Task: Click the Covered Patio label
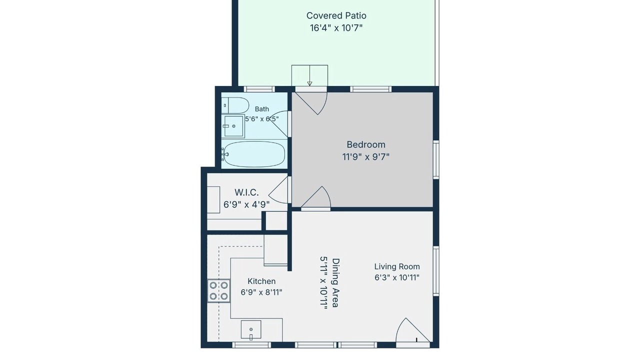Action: coord(336,15)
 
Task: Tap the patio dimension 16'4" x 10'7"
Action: coord(336,28)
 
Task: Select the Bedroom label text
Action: coord(366,144)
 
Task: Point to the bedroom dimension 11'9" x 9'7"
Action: coord(366,157)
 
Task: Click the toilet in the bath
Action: coord(235,105)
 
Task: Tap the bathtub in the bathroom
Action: coord(253,154)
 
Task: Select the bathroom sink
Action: coord(233,126)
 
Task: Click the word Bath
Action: coord(261,109)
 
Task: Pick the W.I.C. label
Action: coord(246,192)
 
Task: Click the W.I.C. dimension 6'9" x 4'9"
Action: coord(246,204)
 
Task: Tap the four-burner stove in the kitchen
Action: coord(219,290)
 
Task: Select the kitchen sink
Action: coord(251,329)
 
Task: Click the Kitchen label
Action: coord(261,281)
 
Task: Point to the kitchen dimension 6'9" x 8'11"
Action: coord(261,292)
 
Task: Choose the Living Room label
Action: coord(397,267)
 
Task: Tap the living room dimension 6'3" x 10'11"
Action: coord(397,277)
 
